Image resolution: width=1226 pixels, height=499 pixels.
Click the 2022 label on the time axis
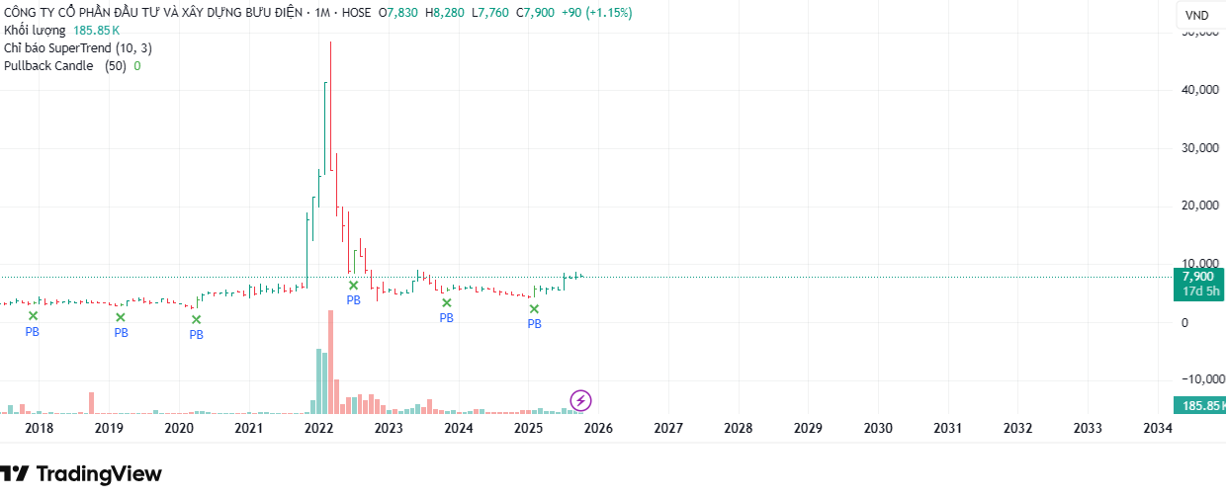318,429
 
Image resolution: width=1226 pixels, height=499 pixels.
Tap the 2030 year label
878,429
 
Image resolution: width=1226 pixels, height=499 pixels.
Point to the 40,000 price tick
1200,90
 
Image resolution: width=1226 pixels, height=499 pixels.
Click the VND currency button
1196,15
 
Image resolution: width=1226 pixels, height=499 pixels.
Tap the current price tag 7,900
1197,277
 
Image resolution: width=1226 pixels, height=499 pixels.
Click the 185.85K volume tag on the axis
1198,405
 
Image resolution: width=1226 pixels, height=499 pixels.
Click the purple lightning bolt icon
581,400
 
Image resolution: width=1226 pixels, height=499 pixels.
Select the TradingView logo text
98,474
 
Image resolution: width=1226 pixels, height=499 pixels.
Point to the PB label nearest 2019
121,333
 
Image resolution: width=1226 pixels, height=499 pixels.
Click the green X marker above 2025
534,309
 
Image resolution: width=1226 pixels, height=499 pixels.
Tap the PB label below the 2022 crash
353,299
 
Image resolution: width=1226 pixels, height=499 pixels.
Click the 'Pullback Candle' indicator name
49,66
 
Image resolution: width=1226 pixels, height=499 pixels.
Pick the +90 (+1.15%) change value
597,13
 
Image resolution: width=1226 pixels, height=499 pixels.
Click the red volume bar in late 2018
91,402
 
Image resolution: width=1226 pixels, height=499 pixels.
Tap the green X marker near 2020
196,319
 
